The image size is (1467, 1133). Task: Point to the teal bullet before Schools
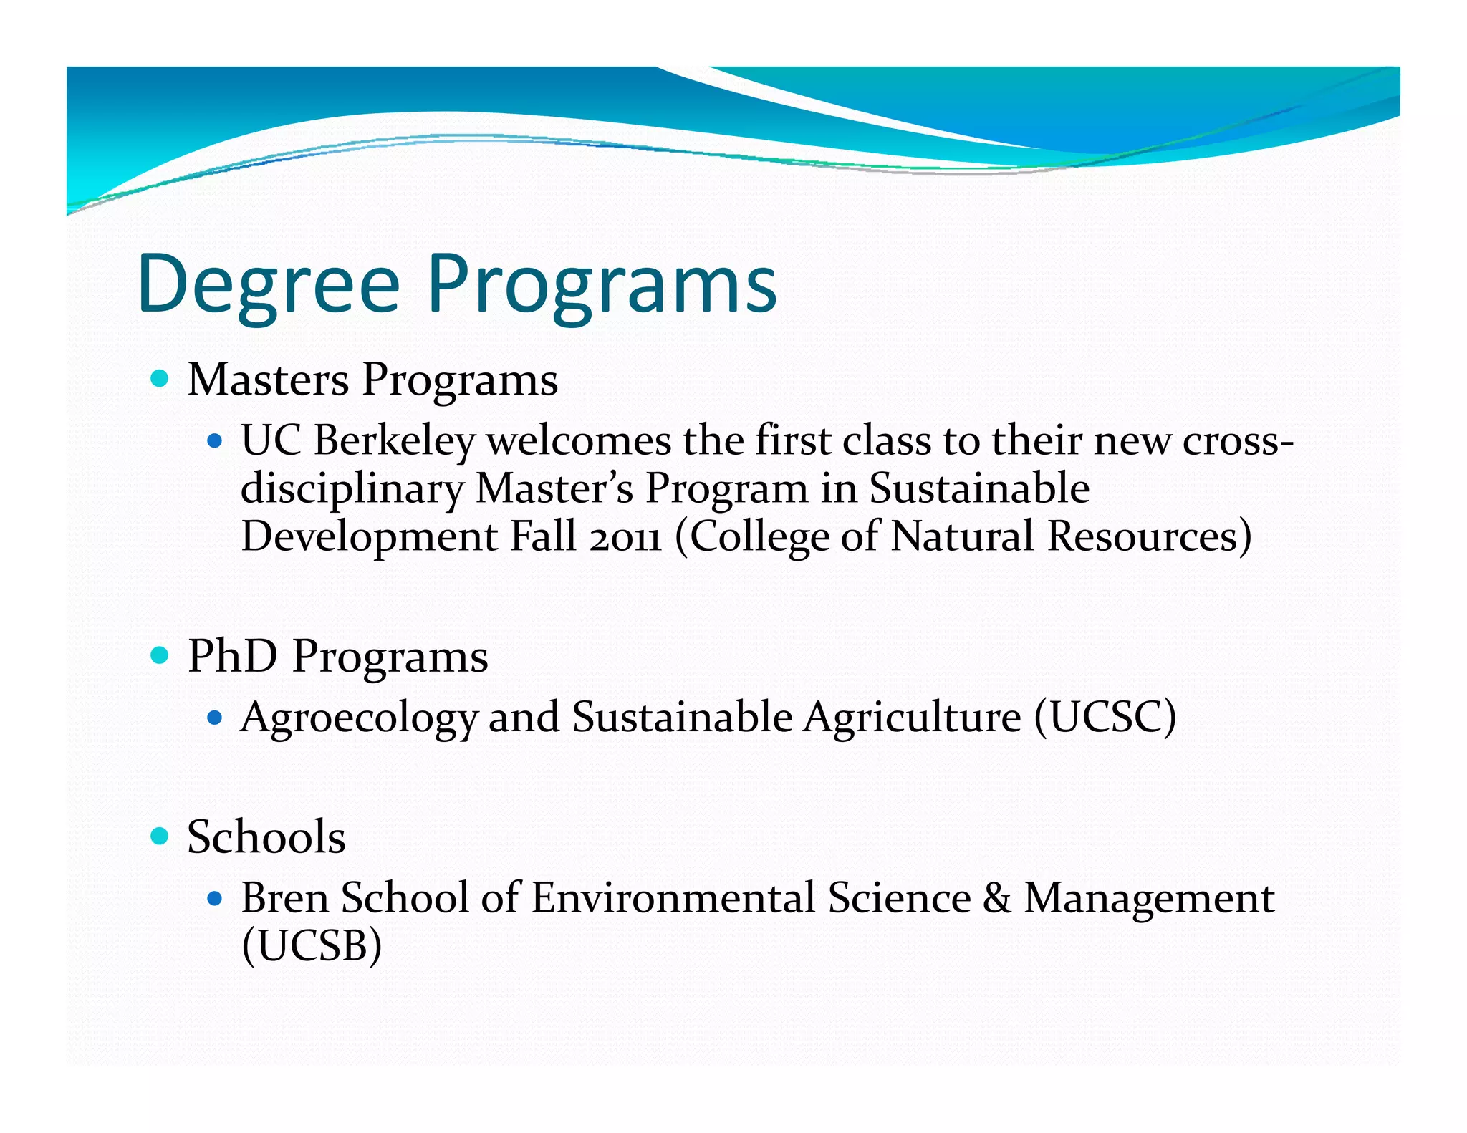[x=160, y=835]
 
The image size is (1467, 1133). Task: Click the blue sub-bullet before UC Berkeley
[x=214, y=440]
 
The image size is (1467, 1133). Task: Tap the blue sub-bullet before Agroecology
[x=214, y=717]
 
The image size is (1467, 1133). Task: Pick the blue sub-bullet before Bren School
[x=214, y=898]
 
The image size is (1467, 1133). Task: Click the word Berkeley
[x=395, y=440]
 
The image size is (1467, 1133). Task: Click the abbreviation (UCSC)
[x=1105, y=717]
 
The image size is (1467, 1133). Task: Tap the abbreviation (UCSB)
[x=312, y=946]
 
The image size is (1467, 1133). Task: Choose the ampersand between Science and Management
[x=997, y=898]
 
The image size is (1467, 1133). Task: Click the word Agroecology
[x=359, y=718]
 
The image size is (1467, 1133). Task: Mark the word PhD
[x=232, y=656]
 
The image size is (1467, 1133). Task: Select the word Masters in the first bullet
[x=269, y=380]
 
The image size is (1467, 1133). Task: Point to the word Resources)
[x=1149, y=537]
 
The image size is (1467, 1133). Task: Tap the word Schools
[x=266, y=837]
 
